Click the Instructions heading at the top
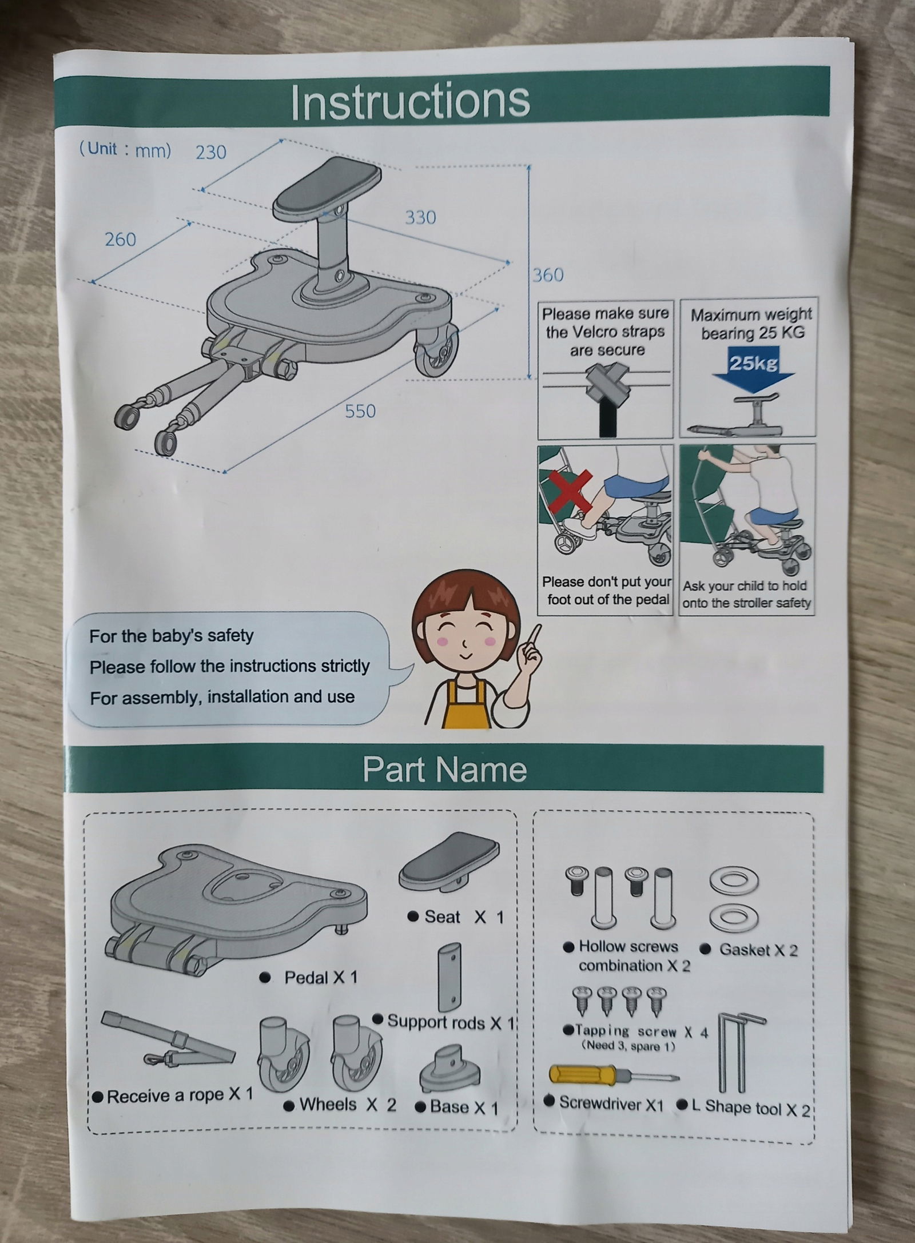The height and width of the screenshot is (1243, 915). click(410, 101)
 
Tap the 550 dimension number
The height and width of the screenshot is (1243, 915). click(360, 411)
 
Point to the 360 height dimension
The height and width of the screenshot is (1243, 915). click(548, 275)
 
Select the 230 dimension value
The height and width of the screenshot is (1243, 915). click(211, 152)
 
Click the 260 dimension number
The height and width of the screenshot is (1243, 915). click(121, 239)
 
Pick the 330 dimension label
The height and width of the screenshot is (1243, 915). click(420, 217)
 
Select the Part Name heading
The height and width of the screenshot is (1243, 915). click(444, 769)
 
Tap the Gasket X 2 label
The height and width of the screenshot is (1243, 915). click(749, 950)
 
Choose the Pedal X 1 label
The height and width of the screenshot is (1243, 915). click(309, 977)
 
